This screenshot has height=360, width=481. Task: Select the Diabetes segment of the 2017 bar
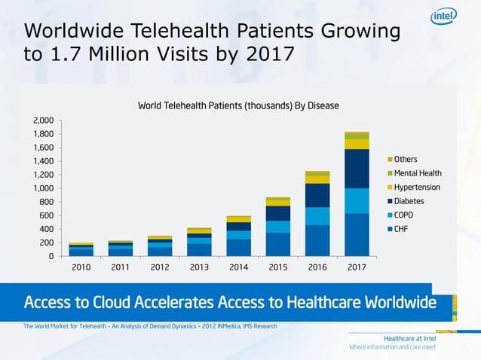357,168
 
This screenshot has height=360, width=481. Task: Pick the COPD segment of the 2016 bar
317,216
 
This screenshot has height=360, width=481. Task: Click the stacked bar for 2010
81,249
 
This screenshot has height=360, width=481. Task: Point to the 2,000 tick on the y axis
43,121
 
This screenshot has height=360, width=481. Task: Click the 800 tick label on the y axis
47,202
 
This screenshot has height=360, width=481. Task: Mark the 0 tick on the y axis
51,256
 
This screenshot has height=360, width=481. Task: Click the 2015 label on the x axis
277,267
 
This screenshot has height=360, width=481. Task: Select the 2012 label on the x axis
159,267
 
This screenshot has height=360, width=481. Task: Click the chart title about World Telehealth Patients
238,105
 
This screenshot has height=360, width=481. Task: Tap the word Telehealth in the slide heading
188,32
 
